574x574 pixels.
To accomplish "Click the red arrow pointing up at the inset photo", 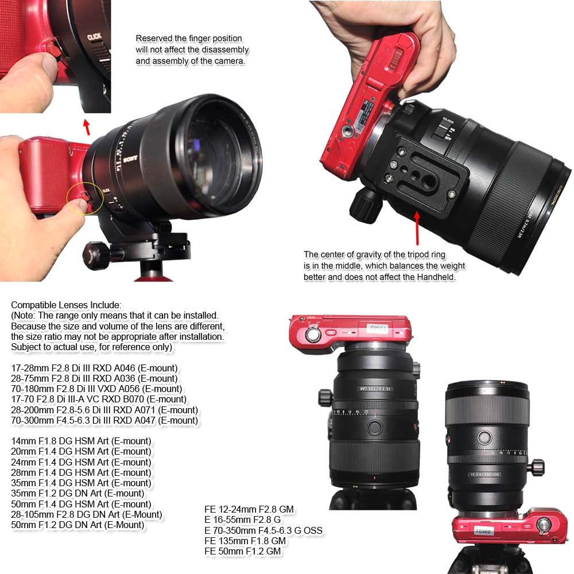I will (x=87, y=126).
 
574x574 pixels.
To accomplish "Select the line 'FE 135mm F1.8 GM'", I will (x=245, y=541).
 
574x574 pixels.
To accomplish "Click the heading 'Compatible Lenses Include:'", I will (x=66, y=305).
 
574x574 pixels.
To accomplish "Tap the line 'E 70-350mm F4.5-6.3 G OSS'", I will (x=263, y=530).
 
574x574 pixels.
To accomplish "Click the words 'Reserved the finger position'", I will (x=189, y=38).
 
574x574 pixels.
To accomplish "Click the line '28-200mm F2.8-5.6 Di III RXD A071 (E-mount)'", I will (x=104, y=410).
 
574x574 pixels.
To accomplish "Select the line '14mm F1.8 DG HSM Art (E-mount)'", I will (x=82, y=441).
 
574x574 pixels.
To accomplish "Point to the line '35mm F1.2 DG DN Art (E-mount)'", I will (x=77, y=493).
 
